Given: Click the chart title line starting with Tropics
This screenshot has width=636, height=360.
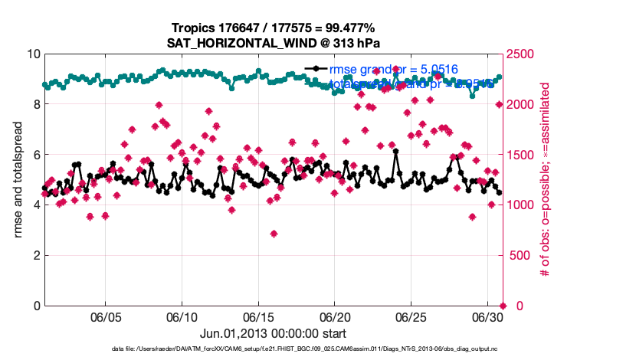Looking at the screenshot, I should (274, 28).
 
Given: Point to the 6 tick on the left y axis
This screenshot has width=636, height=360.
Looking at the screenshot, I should (35, 155).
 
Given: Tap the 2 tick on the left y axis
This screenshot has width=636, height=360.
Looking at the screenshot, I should (35, 255).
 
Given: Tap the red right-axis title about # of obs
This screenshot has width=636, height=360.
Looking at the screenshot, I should (546, 180).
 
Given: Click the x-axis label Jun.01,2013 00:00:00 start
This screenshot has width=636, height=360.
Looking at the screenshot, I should (274, 333).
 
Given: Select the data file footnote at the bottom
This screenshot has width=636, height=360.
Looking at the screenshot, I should (274, 349).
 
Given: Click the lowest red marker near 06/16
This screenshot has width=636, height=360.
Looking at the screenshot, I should (274, 234).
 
